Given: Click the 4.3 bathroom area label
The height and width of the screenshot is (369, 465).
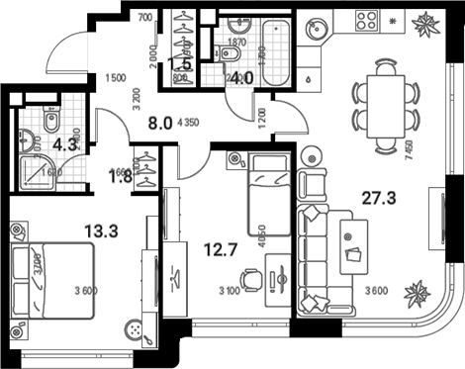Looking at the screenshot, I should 65,144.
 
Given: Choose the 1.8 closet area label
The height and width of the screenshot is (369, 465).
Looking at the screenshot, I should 117,178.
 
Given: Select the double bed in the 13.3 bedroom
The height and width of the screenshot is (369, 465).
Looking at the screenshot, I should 51,280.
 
